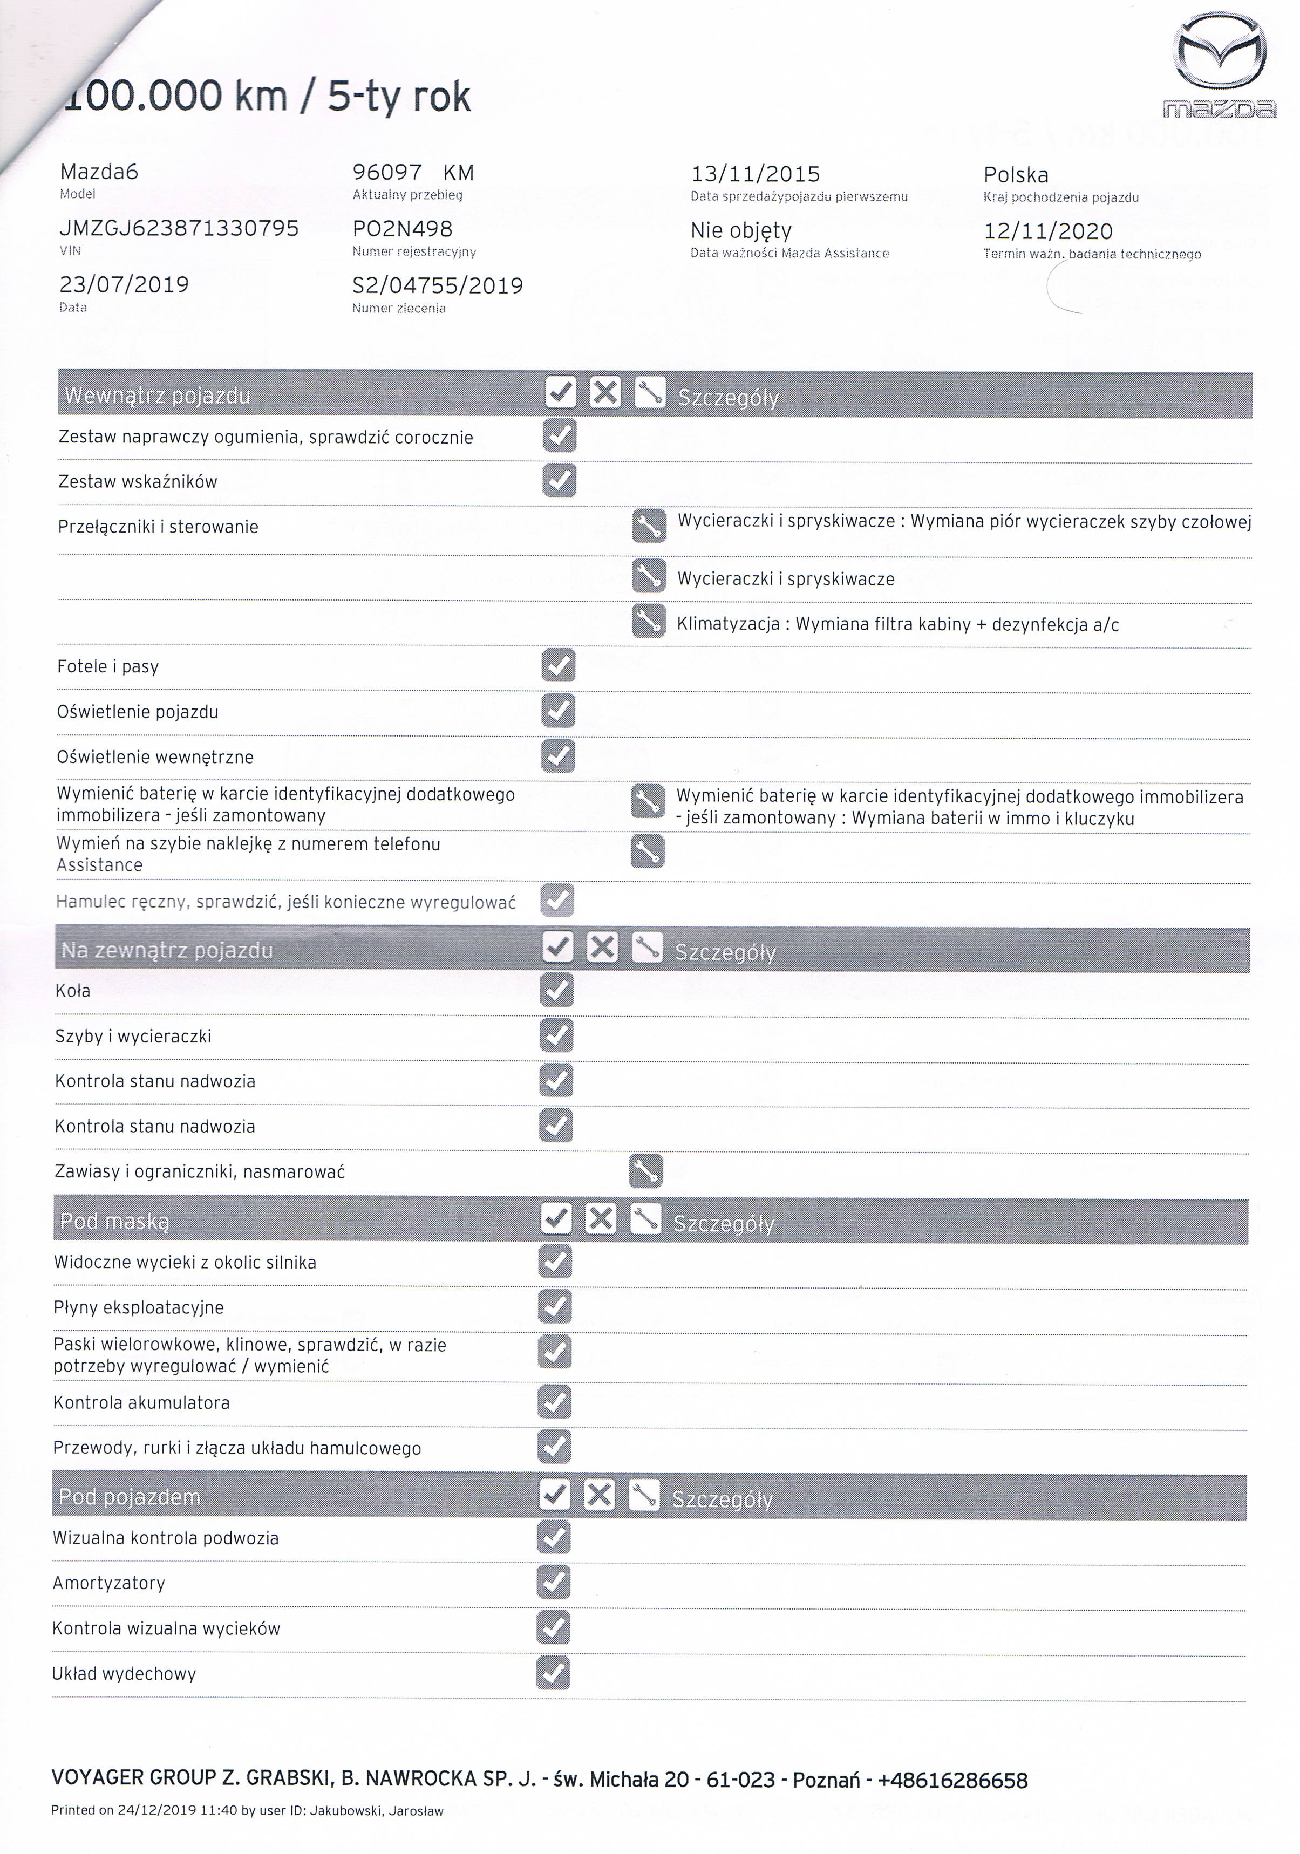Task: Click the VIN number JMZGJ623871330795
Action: point(179,229)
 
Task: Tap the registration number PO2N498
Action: point(402,229)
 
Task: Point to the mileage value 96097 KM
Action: point(413,173)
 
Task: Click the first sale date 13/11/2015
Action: point(755,174)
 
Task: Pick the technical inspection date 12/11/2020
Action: point(1047,232)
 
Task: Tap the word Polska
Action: point(1016,175)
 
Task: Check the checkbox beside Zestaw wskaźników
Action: point(559,480)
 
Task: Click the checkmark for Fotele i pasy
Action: point(559,665)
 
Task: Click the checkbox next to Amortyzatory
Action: point(553,1582)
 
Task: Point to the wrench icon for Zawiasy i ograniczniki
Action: point(645,1170)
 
